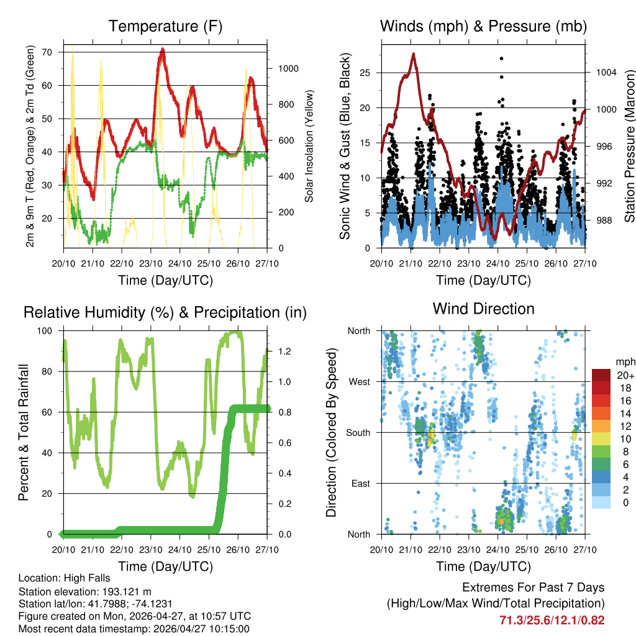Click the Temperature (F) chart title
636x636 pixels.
click(x=165, y=27)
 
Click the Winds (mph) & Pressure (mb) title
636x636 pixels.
click(x=483, y=27)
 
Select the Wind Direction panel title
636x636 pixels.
click(x=483, y=309)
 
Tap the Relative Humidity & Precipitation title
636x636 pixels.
click(x=165, y=312)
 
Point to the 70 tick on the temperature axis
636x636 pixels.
click(x=47, y=52)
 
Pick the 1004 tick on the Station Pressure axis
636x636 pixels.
click(x=605, y=73)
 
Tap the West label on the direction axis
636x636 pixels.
click(x=358, y=381)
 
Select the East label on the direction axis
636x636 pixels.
click(x=360, y=483)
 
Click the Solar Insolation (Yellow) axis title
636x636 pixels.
click(x=309, y=146)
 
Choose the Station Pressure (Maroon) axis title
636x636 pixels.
click(x=629, y=146)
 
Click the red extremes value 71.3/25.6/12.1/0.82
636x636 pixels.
click(x=552, y=620)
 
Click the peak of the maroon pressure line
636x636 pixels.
click(x=413, y=54)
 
